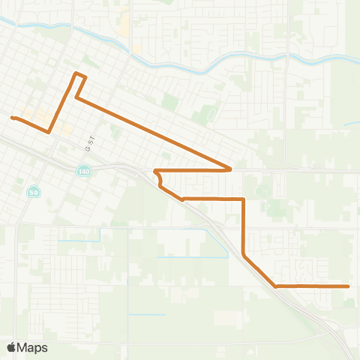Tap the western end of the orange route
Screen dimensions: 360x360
[12, 117]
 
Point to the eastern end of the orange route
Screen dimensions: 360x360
[349, 286]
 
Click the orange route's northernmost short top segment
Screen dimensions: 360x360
[80, 75]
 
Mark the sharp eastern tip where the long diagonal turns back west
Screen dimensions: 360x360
[230, 169]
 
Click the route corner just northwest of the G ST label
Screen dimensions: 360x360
[76, 97]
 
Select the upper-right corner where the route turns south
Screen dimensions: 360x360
[244, 199]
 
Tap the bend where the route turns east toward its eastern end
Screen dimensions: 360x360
[277, 286]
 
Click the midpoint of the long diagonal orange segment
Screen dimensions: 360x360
[154, 133]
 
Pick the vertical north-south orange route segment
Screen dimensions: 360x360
[244, 225]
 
